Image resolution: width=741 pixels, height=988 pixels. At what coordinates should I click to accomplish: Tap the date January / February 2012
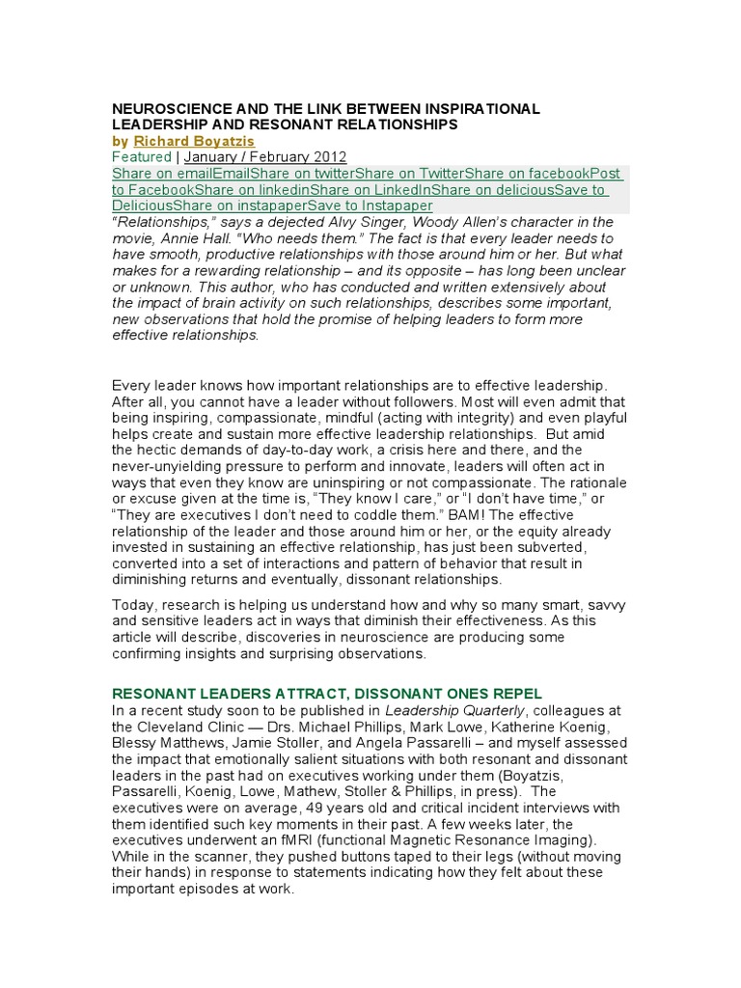pos(264,157)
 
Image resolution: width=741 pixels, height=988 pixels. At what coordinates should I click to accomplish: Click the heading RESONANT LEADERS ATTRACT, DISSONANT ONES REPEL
pos(327,694)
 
